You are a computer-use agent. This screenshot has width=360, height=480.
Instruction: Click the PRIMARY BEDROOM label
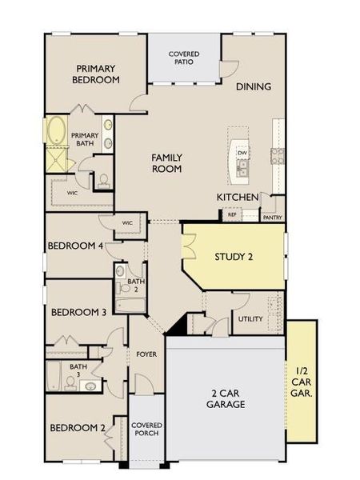pos(97,74)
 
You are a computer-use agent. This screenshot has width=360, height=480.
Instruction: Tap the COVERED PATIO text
pos(184,58)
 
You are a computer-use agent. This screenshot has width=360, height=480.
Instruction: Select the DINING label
pos(254,86)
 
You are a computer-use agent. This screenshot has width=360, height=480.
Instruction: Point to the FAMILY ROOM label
pos(166,163)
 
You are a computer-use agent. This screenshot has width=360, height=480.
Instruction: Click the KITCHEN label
pos(238,197)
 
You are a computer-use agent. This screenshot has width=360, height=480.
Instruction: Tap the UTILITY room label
pos(251,319)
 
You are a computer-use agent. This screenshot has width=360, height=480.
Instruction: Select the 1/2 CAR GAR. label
pos(302,382)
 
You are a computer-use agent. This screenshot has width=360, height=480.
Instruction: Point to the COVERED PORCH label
pos(146,429)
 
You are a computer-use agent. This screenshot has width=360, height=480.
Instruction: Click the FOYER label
pos(146,354)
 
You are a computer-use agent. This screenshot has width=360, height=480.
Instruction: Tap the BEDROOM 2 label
pos(78,428)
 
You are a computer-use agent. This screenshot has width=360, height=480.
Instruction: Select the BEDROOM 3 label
pos(78,312)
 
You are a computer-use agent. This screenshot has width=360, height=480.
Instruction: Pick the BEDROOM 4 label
pos(76,246)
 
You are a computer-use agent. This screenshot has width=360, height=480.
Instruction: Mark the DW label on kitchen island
pos(242,151)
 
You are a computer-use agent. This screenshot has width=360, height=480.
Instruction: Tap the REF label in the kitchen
pos(232,214)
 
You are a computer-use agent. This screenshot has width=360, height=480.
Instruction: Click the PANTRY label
pos(272,216)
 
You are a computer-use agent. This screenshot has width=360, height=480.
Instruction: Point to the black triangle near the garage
pos(178,324)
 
